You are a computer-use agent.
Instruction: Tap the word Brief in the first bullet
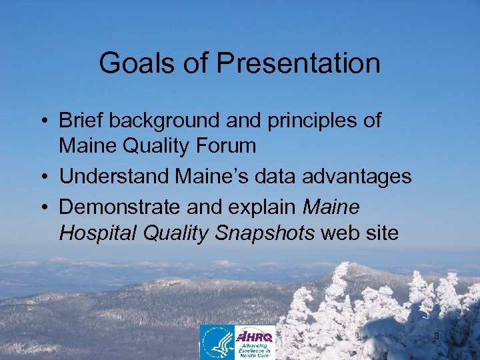(81, 121)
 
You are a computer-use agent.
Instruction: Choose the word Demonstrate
(117, 208)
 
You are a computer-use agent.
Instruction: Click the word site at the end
(381, 233)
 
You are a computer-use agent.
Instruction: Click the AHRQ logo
(255, 342)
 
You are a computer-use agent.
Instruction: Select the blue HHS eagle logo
(217, 342)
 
